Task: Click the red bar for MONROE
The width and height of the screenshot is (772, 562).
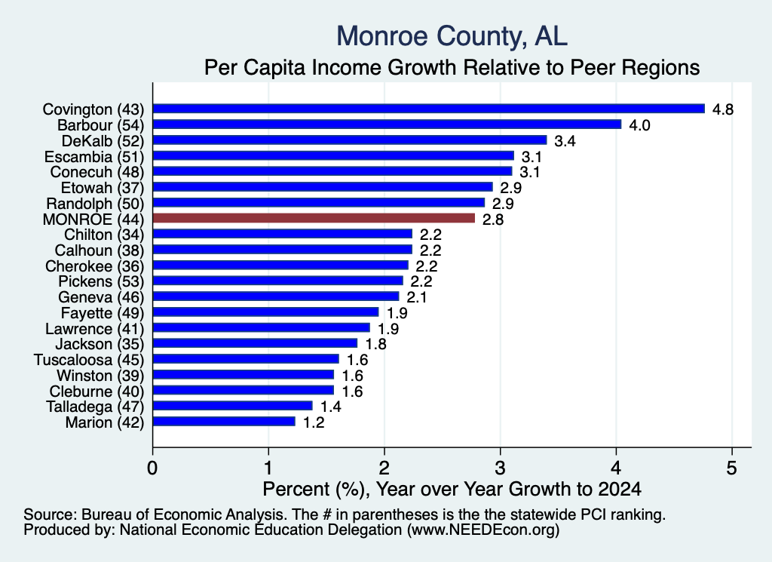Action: point(314,218)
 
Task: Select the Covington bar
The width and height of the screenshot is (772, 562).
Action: point(429,109)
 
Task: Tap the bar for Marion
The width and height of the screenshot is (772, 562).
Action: point(224,422)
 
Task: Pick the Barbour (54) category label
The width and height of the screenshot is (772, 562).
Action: point(101,125)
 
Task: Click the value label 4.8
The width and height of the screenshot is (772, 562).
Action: point(723,109)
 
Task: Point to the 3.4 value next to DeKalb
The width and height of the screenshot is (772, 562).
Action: point(565,141)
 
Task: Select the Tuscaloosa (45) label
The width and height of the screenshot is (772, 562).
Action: point(89,360)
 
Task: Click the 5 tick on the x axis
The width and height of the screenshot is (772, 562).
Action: point(731,468)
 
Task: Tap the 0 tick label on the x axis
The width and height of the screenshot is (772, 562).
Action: point(152,468)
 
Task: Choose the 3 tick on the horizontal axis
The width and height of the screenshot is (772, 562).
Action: point(501,468)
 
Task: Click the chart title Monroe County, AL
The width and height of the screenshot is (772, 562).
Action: point(452,36)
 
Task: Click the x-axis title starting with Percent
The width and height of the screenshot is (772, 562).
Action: point(452,489)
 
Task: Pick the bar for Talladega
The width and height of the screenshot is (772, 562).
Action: point(233,406)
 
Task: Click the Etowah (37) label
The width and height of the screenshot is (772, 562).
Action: point(103,188)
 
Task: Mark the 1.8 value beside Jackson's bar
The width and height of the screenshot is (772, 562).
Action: point(375,344)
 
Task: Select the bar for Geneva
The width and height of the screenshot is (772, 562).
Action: point(276,296)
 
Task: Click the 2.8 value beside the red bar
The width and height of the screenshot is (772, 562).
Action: point(493,220)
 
